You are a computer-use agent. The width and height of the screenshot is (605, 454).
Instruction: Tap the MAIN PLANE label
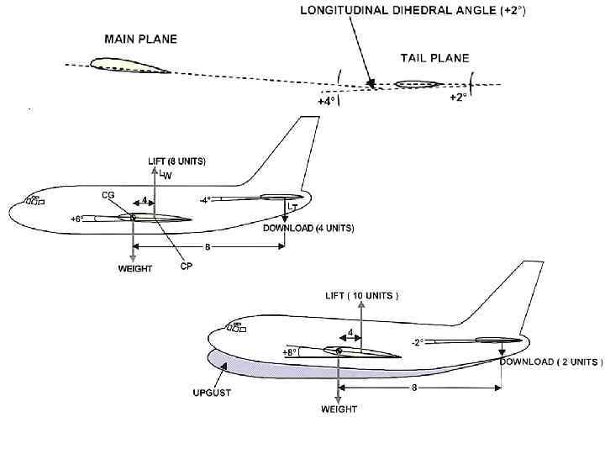pos(140,39)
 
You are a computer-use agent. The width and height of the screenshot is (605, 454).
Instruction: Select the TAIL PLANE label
pos(434,58)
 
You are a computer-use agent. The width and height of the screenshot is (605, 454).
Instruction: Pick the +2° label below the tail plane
pos(457,98)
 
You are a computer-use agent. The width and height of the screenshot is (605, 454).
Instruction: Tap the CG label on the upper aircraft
pos(108,194)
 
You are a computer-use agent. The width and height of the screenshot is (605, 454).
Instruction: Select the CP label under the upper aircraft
pos(187,267)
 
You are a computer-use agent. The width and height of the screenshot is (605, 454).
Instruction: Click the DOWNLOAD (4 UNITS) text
pos(309,228)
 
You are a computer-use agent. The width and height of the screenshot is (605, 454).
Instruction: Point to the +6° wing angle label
pos(76,219)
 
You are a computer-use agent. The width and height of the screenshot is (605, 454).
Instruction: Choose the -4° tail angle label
pos(205,200)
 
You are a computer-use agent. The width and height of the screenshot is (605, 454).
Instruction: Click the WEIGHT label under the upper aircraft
pos(134,269)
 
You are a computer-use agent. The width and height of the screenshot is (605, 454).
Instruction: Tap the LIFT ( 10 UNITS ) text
pos(361,296)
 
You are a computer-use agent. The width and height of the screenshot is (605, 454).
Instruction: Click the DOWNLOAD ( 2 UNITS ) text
pos(551,362)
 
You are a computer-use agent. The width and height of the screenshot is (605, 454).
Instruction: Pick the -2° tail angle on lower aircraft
pos(416,342)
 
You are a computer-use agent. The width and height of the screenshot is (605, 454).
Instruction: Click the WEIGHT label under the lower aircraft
pos(339,409)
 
